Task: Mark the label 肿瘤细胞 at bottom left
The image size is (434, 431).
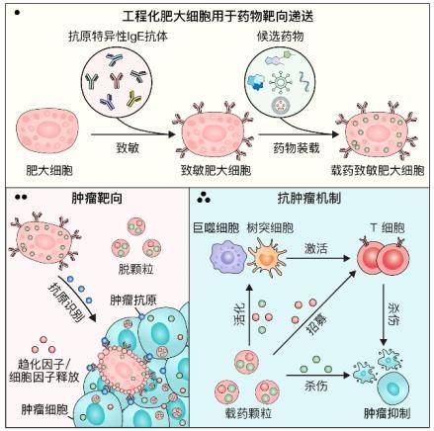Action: [44, 406]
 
